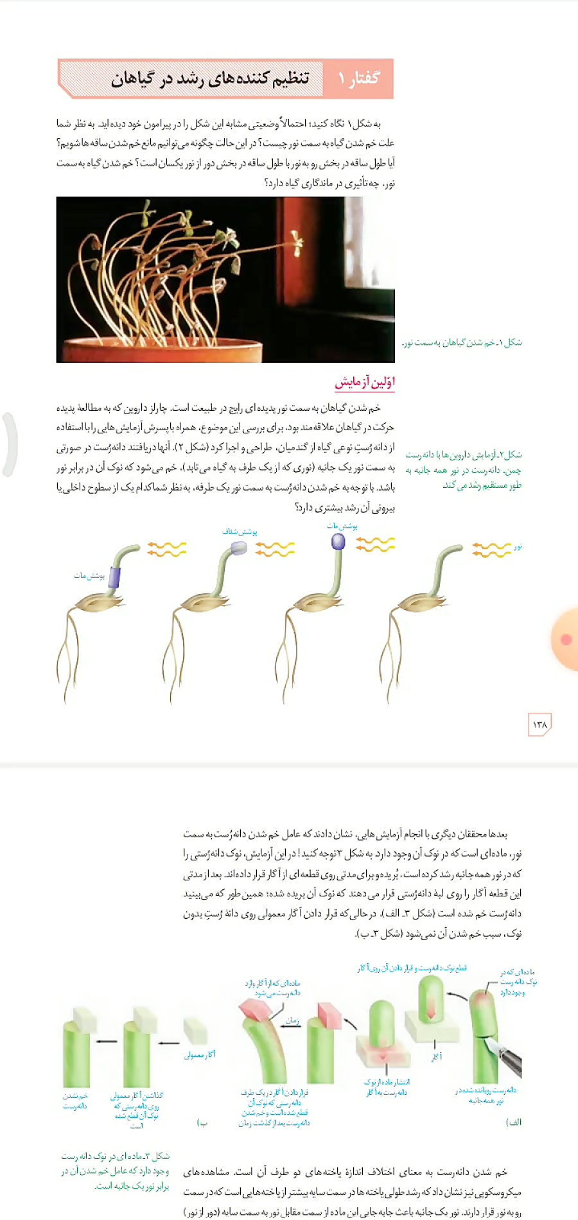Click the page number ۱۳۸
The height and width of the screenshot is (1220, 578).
click(x=539, y=724)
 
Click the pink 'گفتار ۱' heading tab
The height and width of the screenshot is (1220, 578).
click(x=358, y=78)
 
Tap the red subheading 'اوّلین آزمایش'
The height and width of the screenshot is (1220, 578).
click(x=364, y=382)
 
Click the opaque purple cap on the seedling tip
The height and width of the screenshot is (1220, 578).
click(x=338, y=542)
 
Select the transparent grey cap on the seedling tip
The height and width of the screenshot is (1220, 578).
click(x=238, y=548)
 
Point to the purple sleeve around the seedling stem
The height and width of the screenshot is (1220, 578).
click(x=115, y=577)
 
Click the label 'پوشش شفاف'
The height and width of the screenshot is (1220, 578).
click(x=240, y=532)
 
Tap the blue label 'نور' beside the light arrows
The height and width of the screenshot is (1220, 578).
click(x=518, y=546)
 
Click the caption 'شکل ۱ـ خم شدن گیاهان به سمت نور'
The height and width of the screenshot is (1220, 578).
click(x=462, y=342)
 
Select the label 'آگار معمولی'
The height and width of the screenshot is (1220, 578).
click(x=200, y=1054)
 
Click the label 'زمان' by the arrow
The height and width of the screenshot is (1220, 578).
click(x=292, y=1020)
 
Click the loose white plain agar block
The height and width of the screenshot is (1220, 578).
click(x=195, y=1031)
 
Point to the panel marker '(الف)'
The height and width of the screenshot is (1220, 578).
click(x=514, y=1122)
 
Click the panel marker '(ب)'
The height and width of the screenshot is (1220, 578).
click(x=202, y=1122)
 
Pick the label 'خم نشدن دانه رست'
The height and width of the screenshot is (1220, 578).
click(x=75, y=1101)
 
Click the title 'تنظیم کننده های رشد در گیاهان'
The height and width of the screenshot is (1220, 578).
click(x=210, y=78)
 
